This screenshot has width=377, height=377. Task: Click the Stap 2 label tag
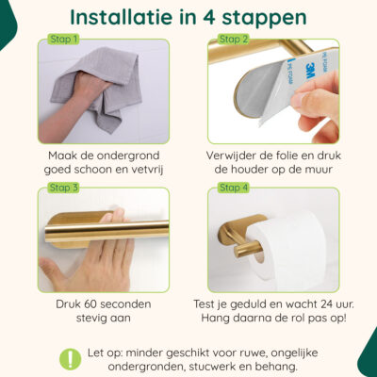pyautogui.click(x=233, y=40)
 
